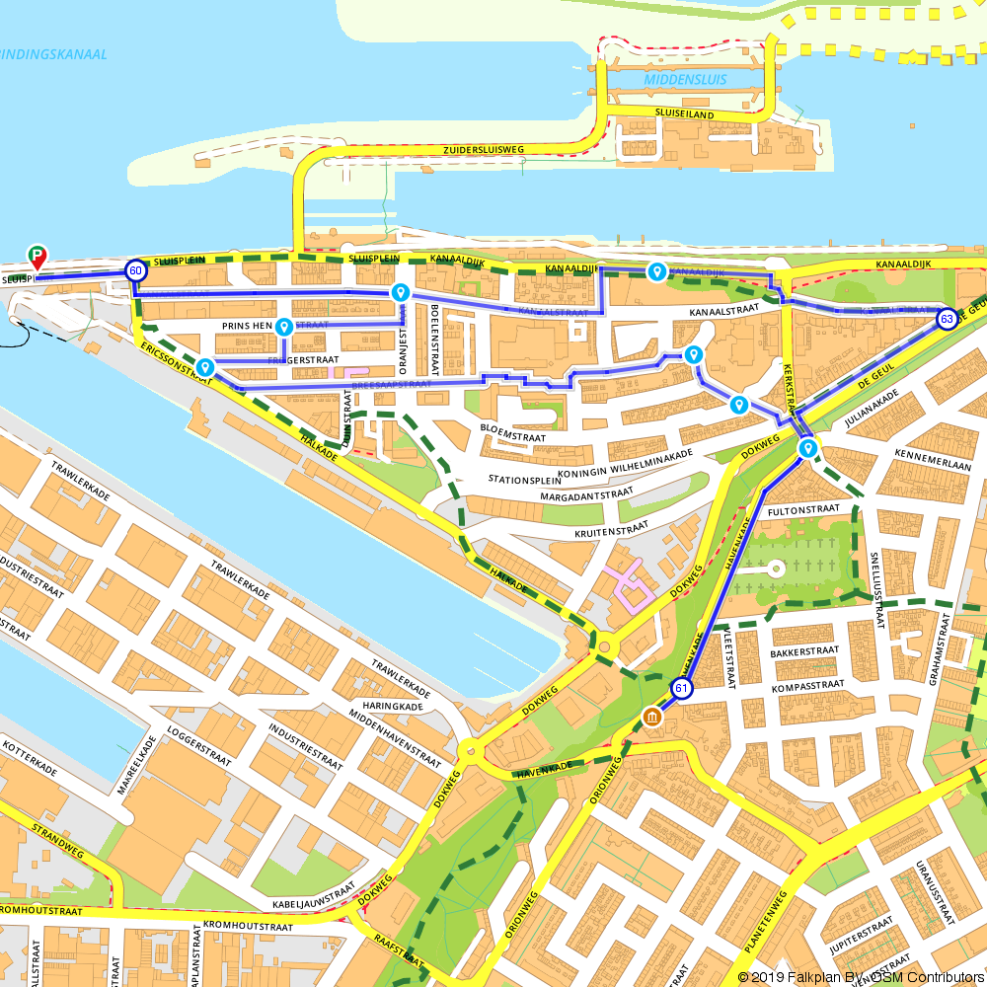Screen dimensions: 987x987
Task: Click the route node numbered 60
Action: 135,269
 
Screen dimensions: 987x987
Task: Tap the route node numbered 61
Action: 681,688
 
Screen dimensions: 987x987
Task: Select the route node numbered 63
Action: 947,319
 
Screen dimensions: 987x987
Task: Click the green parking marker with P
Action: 38,257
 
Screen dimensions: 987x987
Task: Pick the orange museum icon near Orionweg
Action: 651,718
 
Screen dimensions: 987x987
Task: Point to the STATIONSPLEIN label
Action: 530,480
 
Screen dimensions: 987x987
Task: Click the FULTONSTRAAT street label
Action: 802,510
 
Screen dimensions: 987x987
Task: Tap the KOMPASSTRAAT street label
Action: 808,684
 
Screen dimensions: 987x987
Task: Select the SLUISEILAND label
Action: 684,114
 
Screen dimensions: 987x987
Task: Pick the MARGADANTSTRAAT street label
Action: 586,494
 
